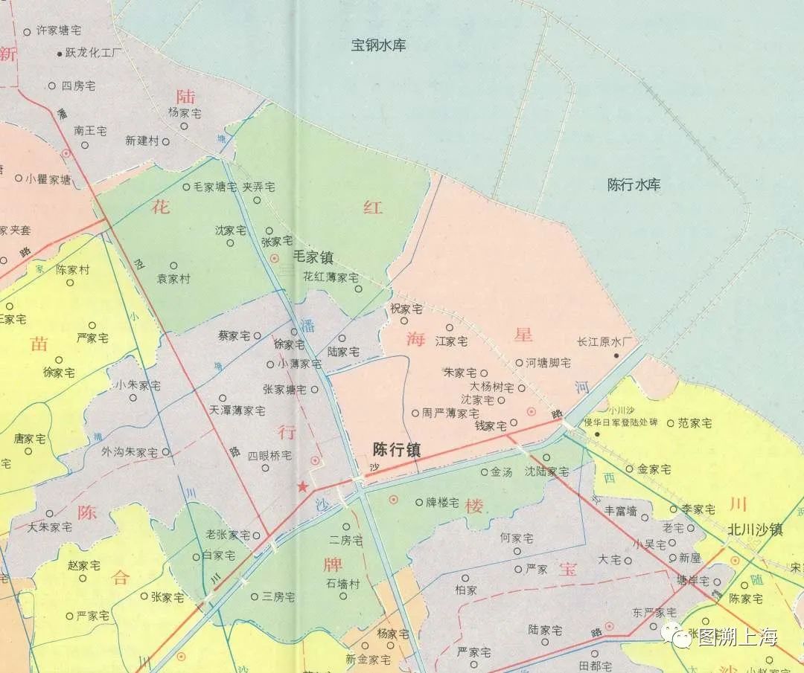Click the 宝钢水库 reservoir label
(x=378, y=45)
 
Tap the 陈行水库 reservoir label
(x=634, y=185)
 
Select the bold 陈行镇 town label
(x=397, y=450)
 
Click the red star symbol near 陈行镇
(x=303, y=487)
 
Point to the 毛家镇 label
(x=313, y=258)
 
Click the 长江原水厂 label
(x=604, y=342)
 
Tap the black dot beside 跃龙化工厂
(x=60, y=54)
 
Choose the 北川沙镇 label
(x=755, y=530)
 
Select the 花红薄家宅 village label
(x=331, y=277)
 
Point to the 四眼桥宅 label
(x=269, y=455)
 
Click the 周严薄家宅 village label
(x=450, y=413)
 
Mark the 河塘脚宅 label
(x=548, y=363)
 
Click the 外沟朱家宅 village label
(x=130, y=451)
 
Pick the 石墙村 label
(x=342, y=585)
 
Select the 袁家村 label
(x=173, y=279)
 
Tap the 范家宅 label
(x=694, y=423)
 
